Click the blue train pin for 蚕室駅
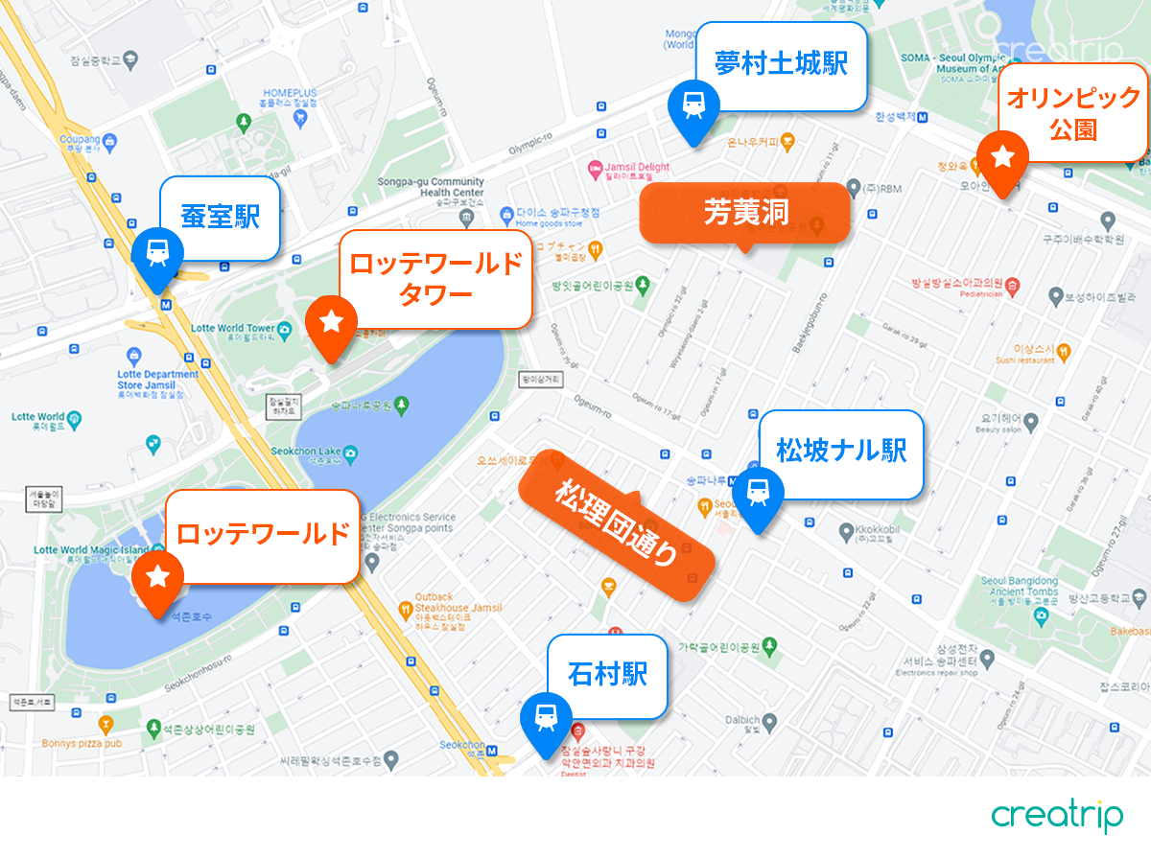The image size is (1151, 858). pyautogui.click(x=156, y=254)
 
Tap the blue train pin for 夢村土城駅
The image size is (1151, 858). pyautogui.click(x=693, y=105)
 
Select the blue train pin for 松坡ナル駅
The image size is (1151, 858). pyautogui.click(x=758, y=493)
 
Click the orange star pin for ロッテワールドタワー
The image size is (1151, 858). pyautogui.click(x=331, y=323)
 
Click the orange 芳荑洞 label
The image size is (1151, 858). pyautogui.click(x=745, y=213)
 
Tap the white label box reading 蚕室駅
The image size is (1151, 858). pyautogui.click(x=220, y=218)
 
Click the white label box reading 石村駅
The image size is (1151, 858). pyautogui.click(x=606, y=675)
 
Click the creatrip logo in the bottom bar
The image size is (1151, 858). pyautogui.click(x=1057, y=817)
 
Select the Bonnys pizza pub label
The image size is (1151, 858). pyautogui.click(x=82, y=743)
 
